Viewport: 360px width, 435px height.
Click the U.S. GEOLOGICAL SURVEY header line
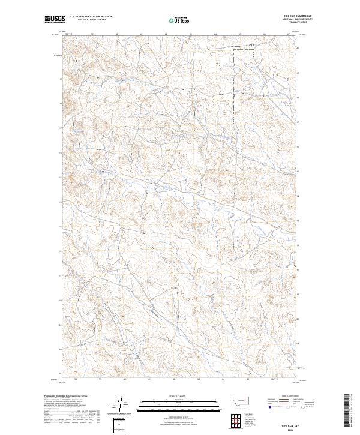click(x=91, y=20)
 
